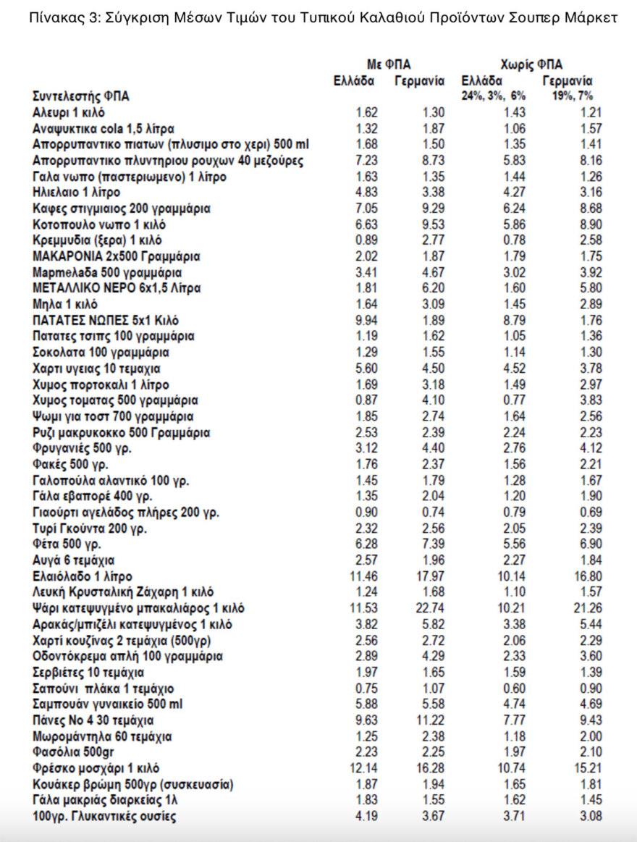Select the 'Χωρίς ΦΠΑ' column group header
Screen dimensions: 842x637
coord(531,64)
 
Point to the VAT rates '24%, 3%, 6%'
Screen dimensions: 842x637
coord(494,96)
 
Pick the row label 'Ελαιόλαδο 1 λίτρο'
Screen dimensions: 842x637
coord(83,576)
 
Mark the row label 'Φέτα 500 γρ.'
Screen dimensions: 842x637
coord(67,544)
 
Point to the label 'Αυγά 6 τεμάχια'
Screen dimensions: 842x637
coord(74,560)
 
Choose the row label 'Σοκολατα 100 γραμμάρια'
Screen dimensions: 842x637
coord(101,353)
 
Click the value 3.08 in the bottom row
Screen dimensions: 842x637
coord(590,817)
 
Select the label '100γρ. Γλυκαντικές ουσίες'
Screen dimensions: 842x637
coord(104,817)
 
